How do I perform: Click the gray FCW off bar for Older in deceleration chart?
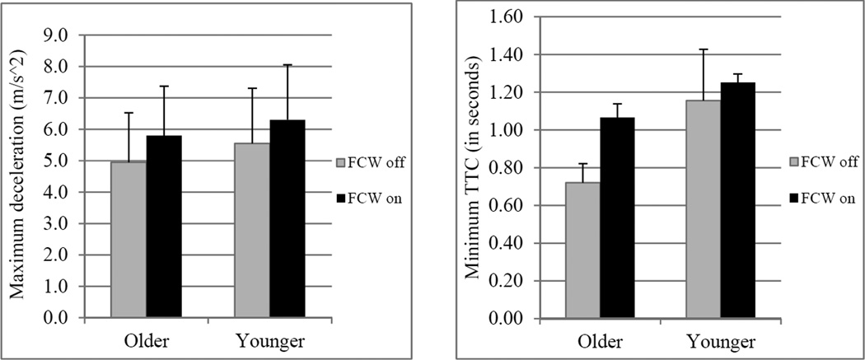pyautogui.click(x=129, y=239)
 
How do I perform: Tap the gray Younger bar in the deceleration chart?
pyautogui.click(x=252, y=231)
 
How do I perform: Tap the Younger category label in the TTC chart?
pyautogui.click(x=721, y=340)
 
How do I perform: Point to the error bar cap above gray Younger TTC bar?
pyautogui.click(x=704, y=49)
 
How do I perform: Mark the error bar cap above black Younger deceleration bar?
pyautogui.click(x=287, y=65)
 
